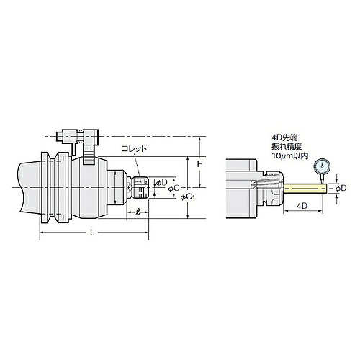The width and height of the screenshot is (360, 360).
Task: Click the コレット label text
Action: [134, 149]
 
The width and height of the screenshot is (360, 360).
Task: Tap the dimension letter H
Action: [200, 164]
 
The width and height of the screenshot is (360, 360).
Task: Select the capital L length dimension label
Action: [92, 232]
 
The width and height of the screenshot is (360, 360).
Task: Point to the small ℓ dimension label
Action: [138, 212]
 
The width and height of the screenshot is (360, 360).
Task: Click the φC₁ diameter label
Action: [189, 197]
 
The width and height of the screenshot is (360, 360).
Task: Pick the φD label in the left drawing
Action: [161, 183]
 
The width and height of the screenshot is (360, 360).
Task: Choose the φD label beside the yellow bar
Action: [341, 188]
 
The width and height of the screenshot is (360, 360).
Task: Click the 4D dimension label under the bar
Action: [302, 206]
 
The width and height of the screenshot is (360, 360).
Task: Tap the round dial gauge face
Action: [322, 166]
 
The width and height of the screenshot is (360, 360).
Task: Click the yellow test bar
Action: [305, 189]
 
